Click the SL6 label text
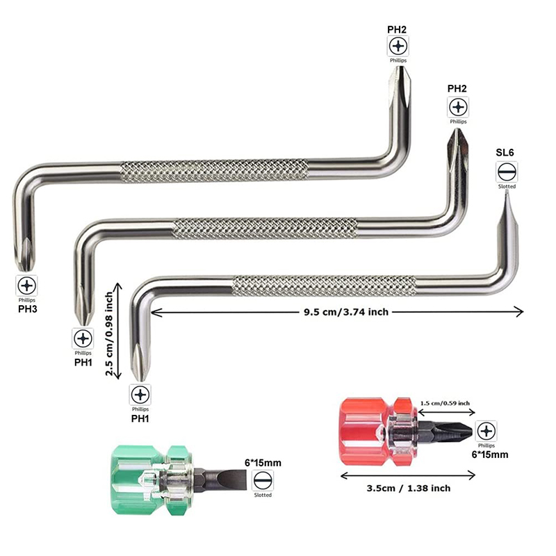point(505,152)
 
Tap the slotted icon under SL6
point(507,172)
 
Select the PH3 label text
point(27,309)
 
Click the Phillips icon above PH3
point(26,286)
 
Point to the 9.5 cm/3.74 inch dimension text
point(346,312)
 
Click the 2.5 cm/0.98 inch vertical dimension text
point(109,334)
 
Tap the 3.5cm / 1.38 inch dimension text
point(409,489)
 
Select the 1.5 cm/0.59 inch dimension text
point(445,403)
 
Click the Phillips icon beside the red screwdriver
point(486,431)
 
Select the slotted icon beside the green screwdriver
point(263,481)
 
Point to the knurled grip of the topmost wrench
point(214,171)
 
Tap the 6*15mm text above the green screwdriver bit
point(263,463)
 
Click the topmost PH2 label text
point(397,30)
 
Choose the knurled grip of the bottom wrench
point(324,286)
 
